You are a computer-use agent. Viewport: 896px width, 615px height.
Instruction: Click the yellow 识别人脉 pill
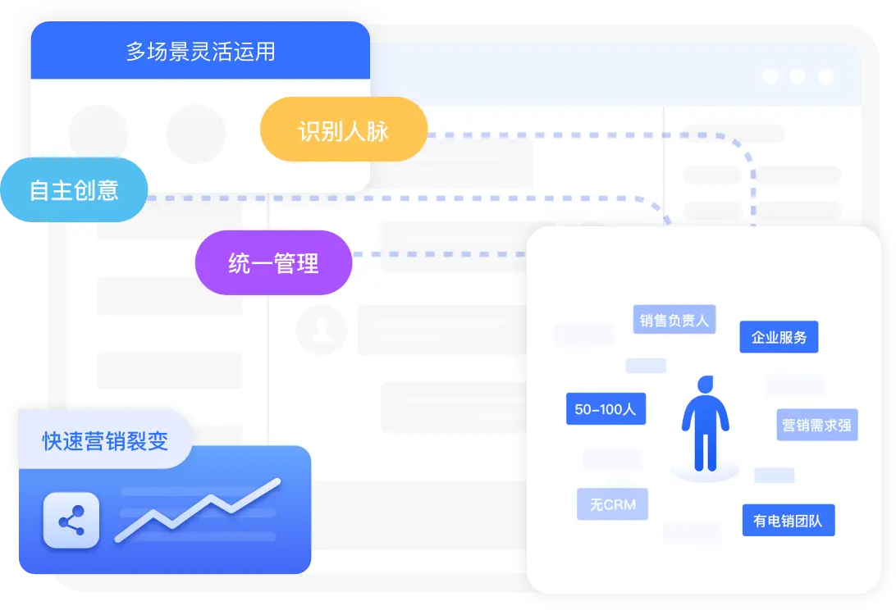pyautogui.click(x=343, y=130)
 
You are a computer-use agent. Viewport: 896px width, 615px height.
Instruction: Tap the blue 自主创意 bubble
pyautogui.click(x=74, y=189)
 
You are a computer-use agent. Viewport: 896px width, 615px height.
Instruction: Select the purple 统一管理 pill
pyautogui.click(x=273, y=263)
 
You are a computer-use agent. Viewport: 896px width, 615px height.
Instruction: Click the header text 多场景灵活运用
pyautogui.click(x=200, y=52)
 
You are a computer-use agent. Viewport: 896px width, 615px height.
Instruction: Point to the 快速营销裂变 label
pyautogui.click(x=105, y=440)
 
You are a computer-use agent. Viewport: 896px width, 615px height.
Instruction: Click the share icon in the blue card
pyautogui.click(x=71, y=521)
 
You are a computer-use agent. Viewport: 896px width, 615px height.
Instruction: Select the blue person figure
pyautogui.click(x=705, y=426)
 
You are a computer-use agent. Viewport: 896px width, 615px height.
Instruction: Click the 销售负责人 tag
pyautogui.click(x=674, y=320)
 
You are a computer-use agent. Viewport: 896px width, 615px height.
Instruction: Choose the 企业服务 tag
pyautogui.click(x=779, y=337)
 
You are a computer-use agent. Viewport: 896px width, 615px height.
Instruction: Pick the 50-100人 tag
pyautogui.click(x=606, y=408)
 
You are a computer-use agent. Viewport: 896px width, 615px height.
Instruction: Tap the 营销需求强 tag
pyautogui.click(x=817, y=425)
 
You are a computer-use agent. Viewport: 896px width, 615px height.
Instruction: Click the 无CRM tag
pyautogui.click(x=612, y=504)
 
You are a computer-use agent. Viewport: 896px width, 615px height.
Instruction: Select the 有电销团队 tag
pyautogui.click(x=788, y=520)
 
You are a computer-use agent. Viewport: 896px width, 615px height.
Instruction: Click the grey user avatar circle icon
pyautogui.click(x=322, y=330)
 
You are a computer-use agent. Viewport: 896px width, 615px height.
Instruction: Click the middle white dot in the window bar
pyautogui.click(x=798, y=76)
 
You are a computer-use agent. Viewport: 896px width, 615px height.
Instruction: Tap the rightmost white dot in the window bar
pyautogui.click(x=825, y=76)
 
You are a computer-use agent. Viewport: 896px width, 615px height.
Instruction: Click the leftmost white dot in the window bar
pyautogui.click(x=770, y=76)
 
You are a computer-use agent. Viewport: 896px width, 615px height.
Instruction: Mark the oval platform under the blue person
pyautogui.click(x=705, y=473)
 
